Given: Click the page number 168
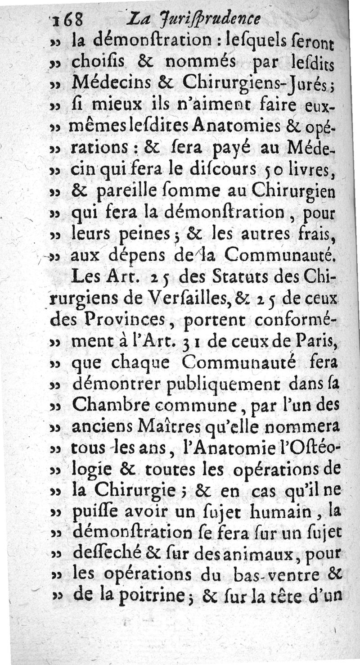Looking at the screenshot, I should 69,20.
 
